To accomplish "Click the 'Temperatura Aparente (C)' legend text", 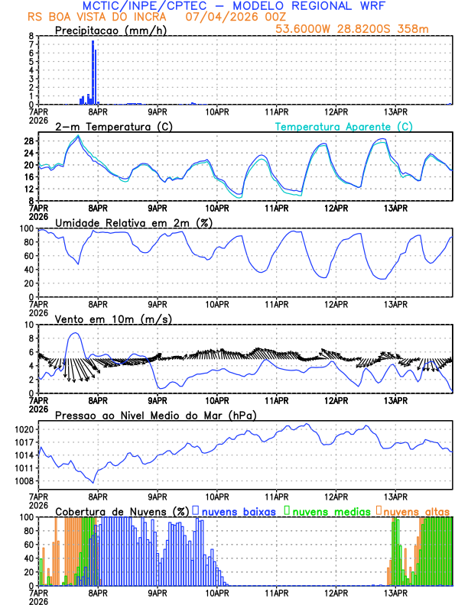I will [x=343, y=127].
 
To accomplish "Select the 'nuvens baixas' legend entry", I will [x=238, y=510].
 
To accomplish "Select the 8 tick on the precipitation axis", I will [x=31, y=36].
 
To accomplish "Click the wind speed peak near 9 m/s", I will [x=74, y=333].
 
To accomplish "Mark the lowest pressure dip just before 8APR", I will [x=93, y=483].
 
